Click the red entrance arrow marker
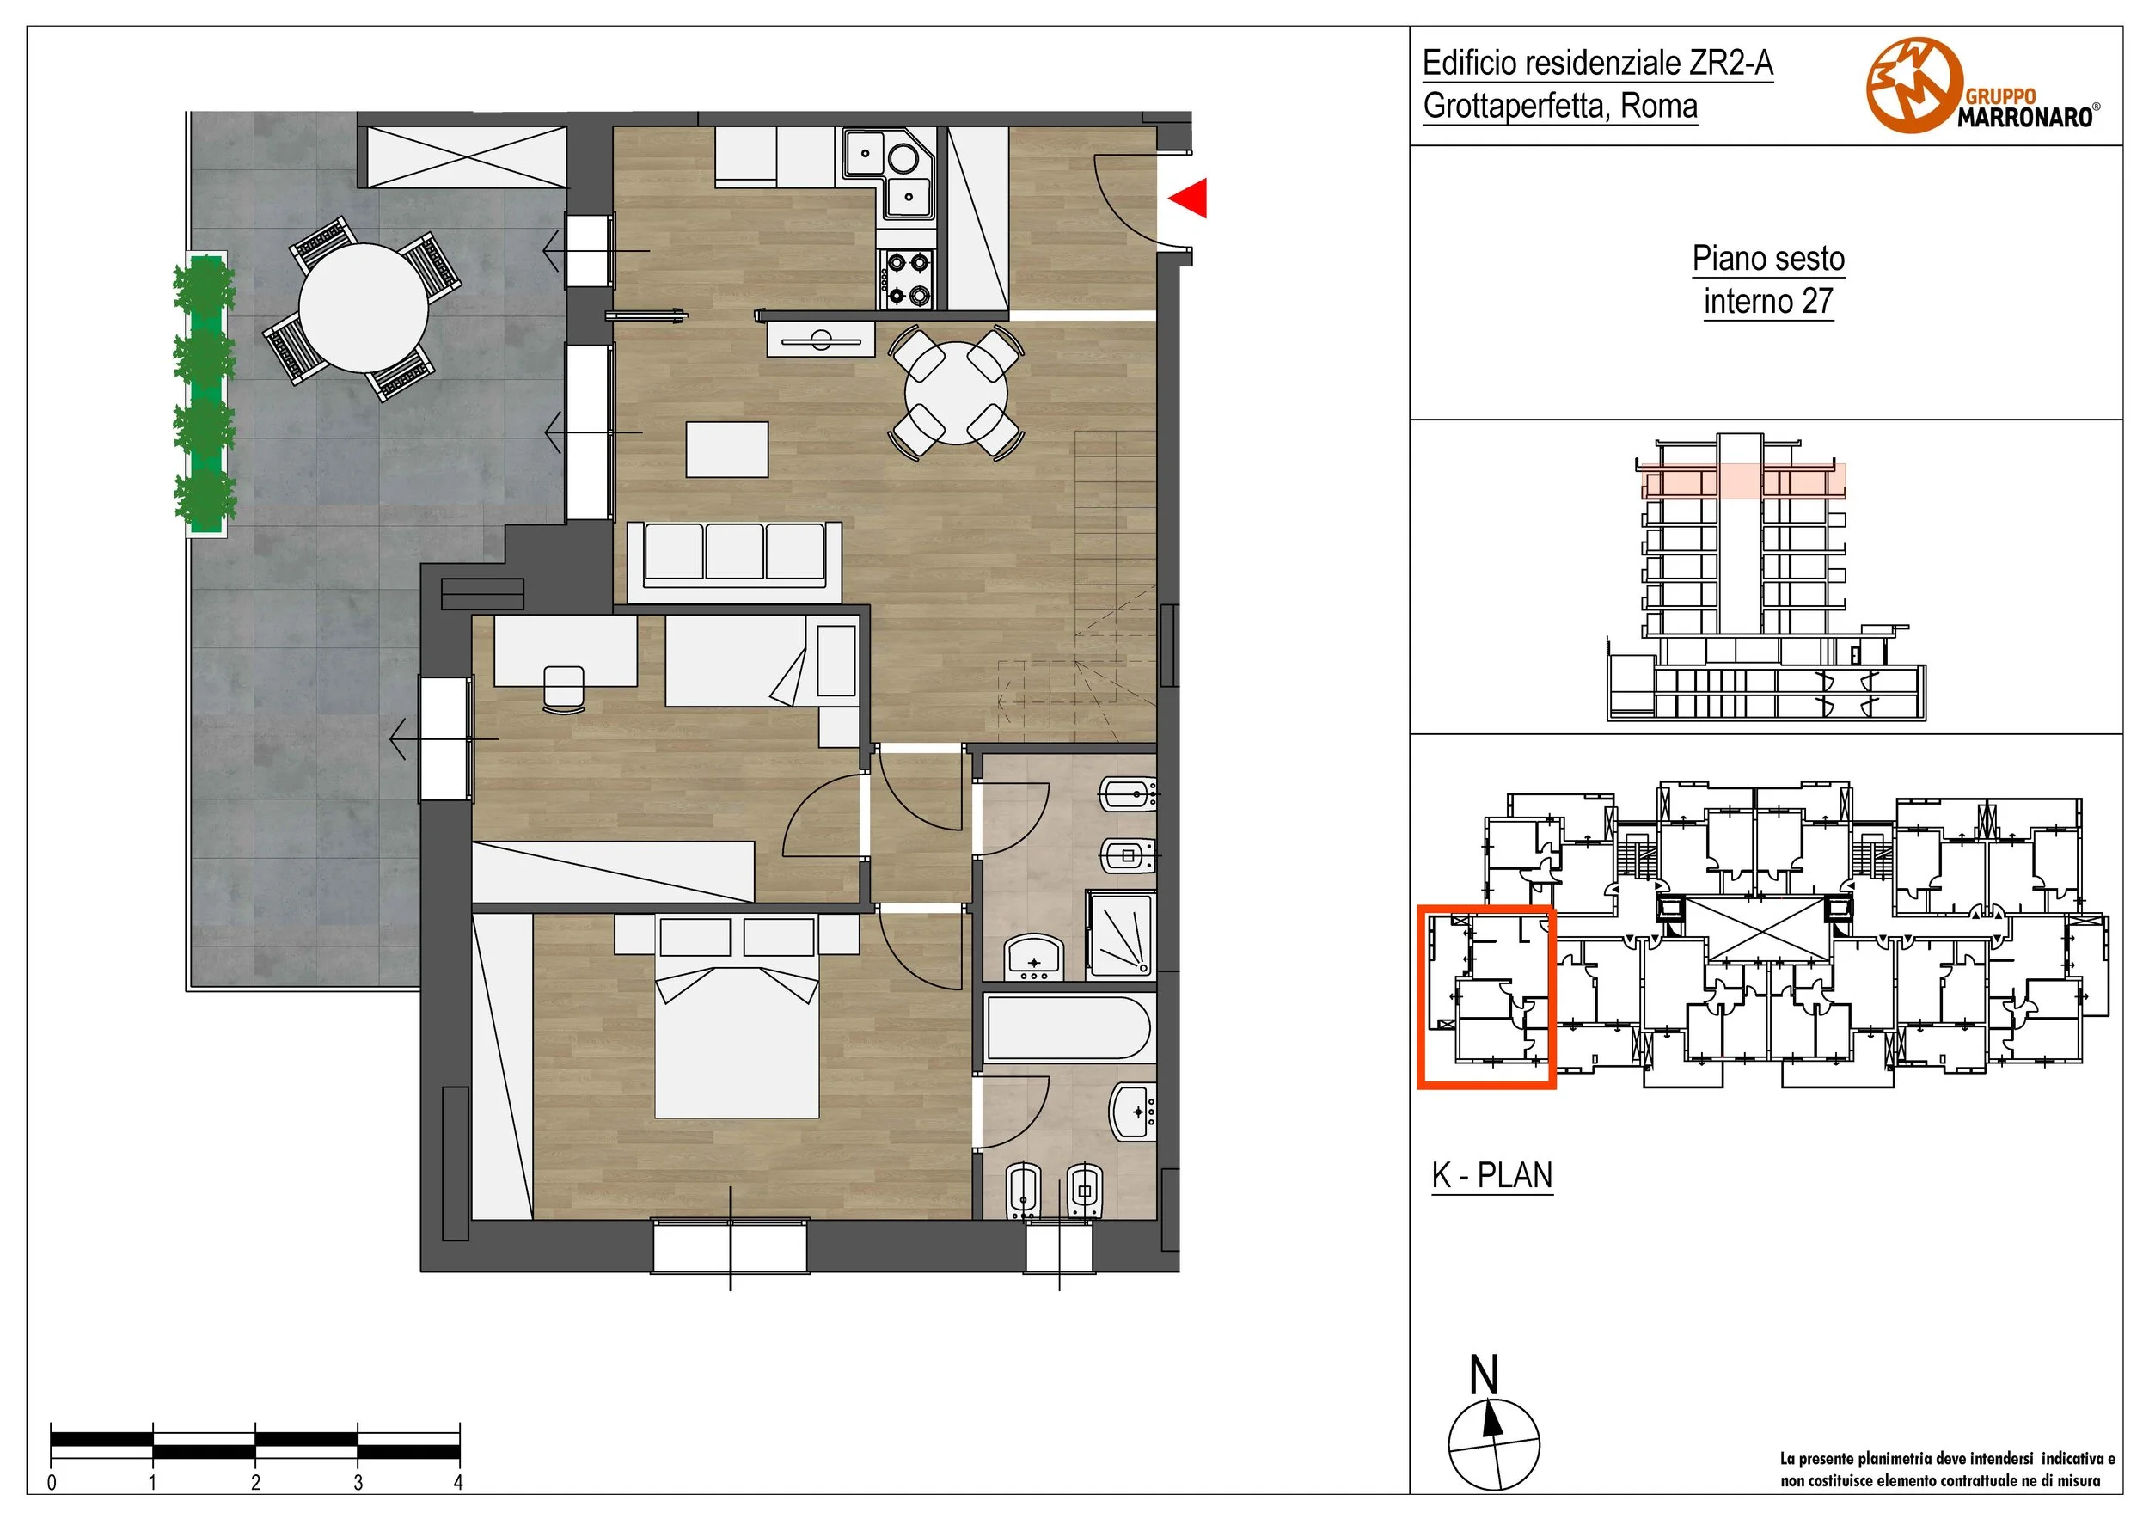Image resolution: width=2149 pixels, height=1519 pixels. tap(1189, 198)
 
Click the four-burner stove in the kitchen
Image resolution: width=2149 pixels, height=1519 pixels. tap(908, 279)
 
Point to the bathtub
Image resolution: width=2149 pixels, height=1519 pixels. tap(1068, 1027)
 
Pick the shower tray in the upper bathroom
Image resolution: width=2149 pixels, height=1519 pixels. tap(1120, 935)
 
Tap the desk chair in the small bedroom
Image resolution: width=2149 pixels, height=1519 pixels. tap(563, 689)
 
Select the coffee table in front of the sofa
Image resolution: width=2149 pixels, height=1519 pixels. tap(727, 450)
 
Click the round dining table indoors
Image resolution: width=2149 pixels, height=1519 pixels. tap(956, 393)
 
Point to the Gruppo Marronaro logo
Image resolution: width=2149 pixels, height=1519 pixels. tap(1982, 86)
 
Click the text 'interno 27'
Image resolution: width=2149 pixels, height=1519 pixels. tap(1768, 302)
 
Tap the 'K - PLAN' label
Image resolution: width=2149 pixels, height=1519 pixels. tap(1492, 1175)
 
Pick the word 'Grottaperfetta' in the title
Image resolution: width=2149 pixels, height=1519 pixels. tap(1515, 106)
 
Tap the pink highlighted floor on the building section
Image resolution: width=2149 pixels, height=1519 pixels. tap(1742, 481)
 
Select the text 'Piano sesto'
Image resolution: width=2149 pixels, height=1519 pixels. tap(1768, 258)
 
